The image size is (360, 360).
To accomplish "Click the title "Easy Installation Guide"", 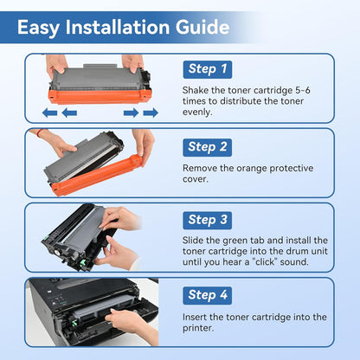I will point(123,28).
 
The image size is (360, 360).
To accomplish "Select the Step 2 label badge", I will point(208,146).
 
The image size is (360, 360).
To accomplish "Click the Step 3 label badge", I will point(208,220).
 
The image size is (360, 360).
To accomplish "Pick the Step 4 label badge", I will point(208,295).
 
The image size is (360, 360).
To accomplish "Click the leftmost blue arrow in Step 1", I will point(50,112).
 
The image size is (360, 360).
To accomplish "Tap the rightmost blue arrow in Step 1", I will point(151,112).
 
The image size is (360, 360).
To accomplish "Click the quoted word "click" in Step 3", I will point(273,261).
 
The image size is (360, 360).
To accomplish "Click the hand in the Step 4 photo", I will point(130,325).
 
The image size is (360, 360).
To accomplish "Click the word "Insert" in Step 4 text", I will point(197,317).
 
